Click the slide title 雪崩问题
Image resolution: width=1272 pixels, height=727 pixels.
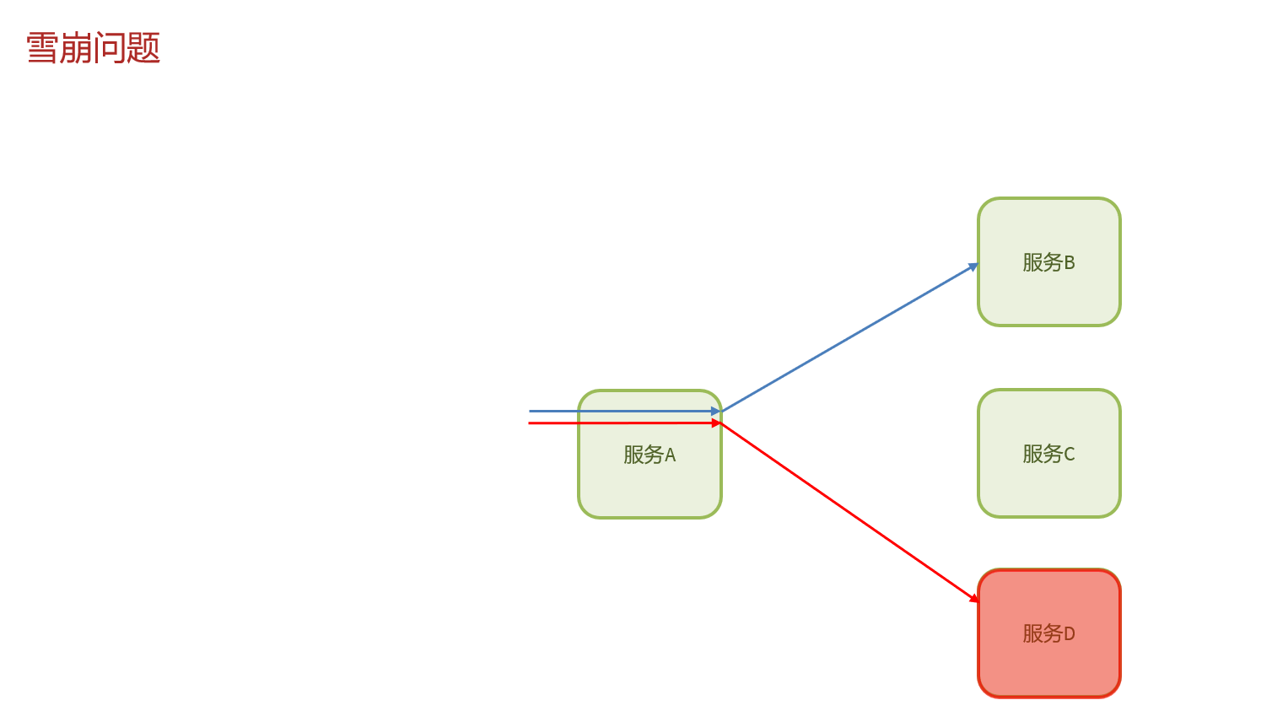93,48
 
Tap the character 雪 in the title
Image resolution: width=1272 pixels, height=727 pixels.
42,48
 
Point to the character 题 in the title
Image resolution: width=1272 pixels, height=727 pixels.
144,48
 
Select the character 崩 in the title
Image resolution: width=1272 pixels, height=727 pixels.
76,48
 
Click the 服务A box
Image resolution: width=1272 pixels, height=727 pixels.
649,481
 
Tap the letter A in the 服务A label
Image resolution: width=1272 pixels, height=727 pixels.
671,455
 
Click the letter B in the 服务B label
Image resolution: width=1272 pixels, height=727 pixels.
1070,263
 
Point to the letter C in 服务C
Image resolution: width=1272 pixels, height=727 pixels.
1070,455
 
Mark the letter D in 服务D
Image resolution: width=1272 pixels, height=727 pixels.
1070,634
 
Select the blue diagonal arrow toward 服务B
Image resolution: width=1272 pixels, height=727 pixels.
848,339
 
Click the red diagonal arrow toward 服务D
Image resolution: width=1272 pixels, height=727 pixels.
848,511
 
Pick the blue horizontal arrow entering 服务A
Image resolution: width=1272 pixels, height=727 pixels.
590,411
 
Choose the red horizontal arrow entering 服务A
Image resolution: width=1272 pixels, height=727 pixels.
590,423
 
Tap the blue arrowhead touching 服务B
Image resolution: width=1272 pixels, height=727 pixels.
973,267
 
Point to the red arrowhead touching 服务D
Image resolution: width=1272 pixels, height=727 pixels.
974,598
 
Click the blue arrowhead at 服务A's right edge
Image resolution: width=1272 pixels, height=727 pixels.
715,411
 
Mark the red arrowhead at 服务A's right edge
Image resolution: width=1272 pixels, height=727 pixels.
716,423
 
